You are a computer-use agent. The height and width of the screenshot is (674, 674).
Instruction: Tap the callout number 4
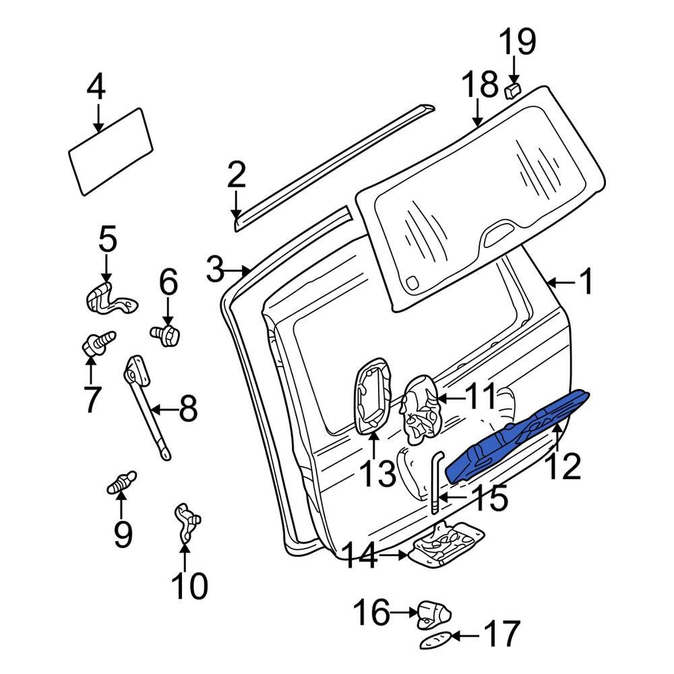96,88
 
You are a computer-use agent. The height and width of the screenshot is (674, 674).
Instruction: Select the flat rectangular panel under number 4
111,152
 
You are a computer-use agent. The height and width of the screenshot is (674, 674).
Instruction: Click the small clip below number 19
513,90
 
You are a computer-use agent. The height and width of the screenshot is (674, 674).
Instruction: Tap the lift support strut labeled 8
147,408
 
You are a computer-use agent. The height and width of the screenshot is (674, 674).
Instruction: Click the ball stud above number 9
121,483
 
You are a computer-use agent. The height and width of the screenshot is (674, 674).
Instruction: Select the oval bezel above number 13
371,398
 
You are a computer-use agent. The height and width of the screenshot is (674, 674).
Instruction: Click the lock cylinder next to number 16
433,613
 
